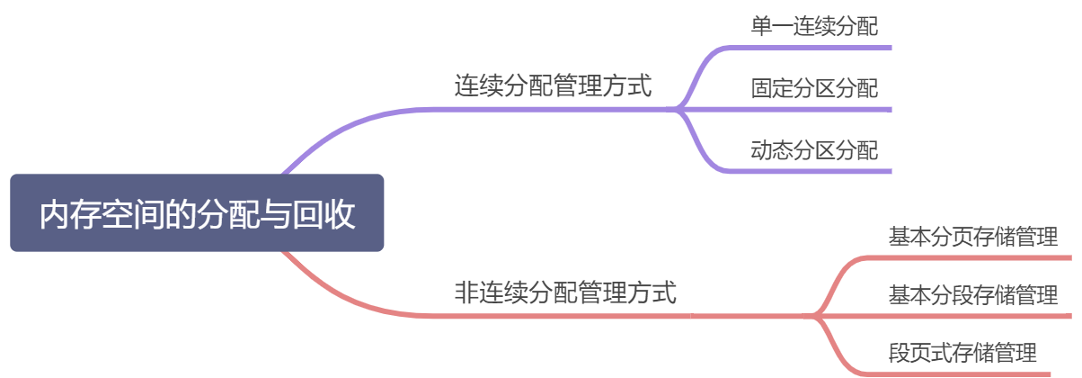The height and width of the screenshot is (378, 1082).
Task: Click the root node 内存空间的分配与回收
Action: [197, 213]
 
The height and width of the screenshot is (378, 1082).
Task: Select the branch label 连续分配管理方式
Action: [553, 87]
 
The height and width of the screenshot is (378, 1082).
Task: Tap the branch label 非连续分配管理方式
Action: [565, 293]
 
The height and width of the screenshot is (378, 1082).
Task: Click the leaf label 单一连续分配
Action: [814, 26]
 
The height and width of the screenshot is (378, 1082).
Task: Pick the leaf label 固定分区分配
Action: [814, 88]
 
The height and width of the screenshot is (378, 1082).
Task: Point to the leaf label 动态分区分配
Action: [814, 150]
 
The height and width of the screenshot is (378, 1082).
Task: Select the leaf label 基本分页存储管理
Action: [973, 238]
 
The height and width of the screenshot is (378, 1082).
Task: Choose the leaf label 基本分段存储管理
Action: [973, 295]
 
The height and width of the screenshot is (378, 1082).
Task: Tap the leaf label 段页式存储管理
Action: [962, 352]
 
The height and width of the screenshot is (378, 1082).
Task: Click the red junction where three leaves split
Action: [818, 316]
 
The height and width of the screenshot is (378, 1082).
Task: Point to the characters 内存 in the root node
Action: [69, 215]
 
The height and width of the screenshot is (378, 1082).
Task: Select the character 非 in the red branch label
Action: [466, 293]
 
